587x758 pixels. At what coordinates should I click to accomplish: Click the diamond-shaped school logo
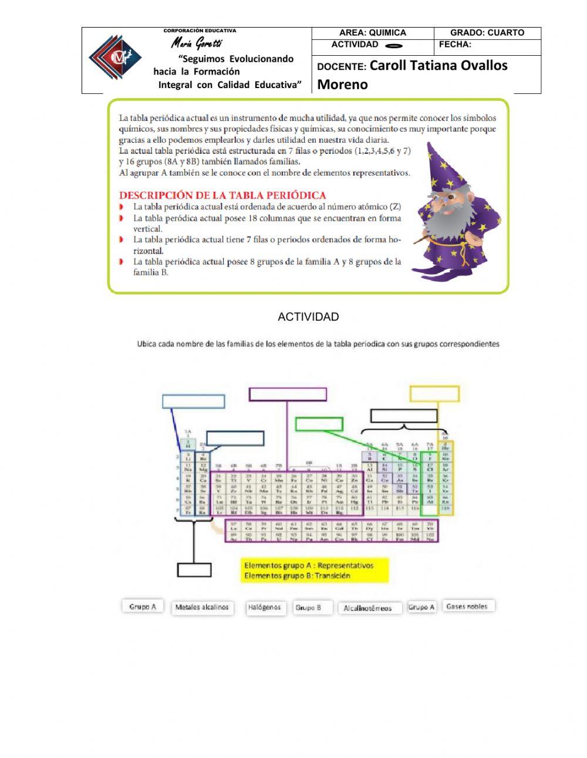115,58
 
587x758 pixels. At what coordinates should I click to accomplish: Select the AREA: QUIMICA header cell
372,33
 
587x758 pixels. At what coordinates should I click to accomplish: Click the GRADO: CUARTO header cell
487,33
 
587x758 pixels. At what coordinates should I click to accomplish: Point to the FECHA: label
455,45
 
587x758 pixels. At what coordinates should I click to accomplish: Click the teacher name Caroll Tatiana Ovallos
438,65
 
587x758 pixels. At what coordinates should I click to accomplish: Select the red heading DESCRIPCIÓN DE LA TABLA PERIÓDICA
222,195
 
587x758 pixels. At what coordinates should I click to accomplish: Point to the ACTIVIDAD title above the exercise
308,317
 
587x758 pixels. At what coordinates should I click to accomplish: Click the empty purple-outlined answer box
288,394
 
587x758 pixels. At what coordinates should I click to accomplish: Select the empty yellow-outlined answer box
434,393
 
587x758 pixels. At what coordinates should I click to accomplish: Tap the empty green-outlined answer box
319,424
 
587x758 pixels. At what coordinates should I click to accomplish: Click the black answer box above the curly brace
404,416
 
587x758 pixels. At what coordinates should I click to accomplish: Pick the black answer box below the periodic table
194,570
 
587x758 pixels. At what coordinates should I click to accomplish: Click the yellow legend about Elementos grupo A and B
315,570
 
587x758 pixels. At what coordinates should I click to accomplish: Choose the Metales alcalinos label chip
202,607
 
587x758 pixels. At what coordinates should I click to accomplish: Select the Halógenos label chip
264,607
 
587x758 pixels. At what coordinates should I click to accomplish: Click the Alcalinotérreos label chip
367,608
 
